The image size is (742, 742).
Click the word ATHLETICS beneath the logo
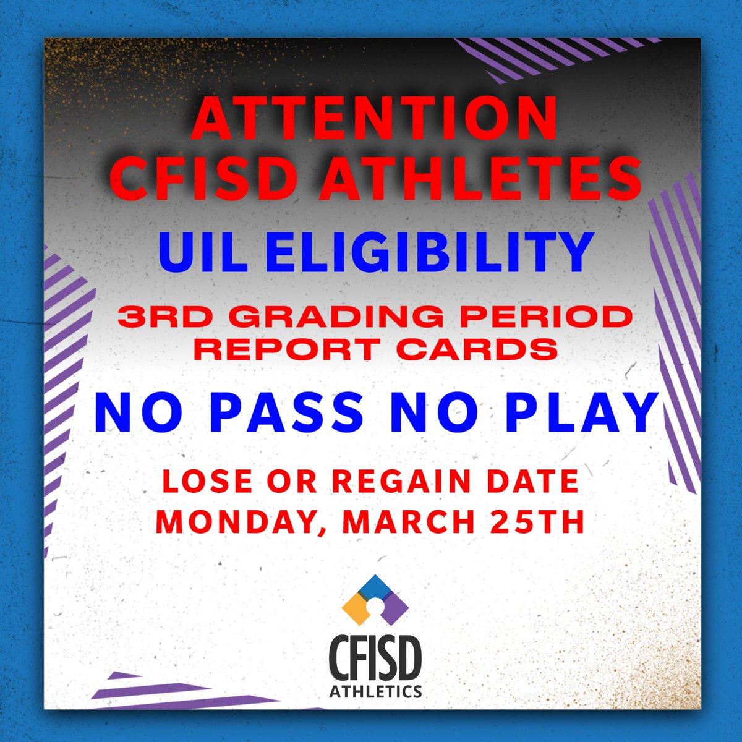click(x=375, y=691)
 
